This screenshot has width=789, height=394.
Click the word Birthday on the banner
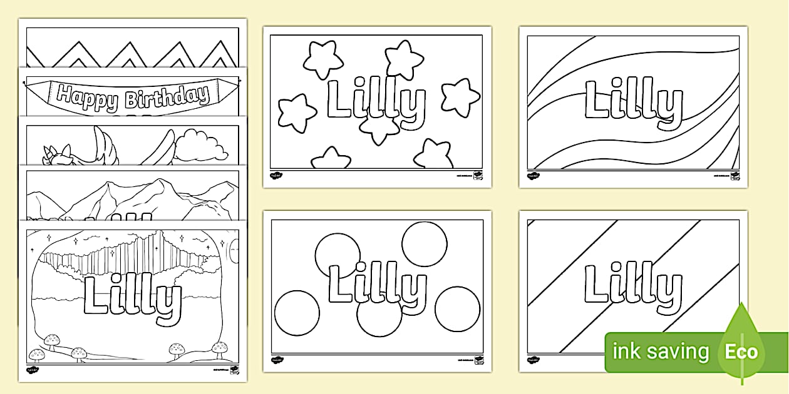click(x=167, y=96)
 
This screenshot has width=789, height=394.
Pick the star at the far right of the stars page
click(x=460, y=96)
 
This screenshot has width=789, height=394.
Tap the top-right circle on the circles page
click(x=425, y=244)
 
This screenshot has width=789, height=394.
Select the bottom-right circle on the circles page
click(x=457, y=309)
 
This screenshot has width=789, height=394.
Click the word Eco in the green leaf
click(x=741, y=351)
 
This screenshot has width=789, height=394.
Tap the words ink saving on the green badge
click(x=660, y=351)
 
